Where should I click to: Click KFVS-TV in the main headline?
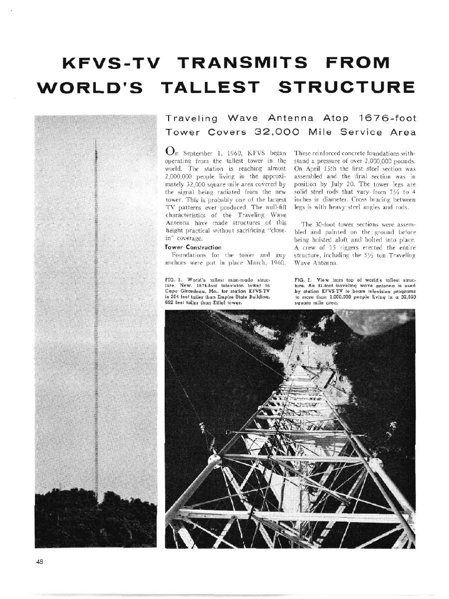pyautogui.click(x=110, y=64)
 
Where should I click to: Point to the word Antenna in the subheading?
pyautogui.click(x=293, y=119)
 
